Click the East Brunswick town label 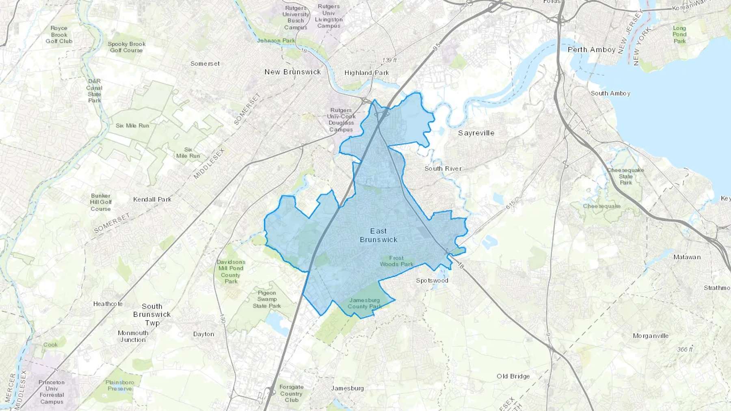378,235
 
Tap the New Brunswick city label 292,72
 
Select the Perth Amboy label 591,49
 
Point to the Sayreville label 476,133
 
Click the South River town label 443,168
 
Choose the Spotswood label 432,280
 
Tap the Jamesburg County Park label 364,303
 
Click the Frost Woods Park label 396,261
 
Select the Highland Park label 366,73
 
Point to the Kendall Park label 152,199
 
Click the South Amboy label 610,93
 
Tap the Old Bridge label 513,376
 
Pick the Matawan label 687,257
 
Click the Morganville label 651,336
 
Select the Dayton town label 203,334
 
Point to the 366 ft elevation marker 685,349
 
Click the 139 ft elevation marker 389,60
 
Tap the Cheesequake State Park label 625,176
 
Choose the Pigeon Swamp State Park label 267,299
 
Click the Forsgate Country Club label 291,393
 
